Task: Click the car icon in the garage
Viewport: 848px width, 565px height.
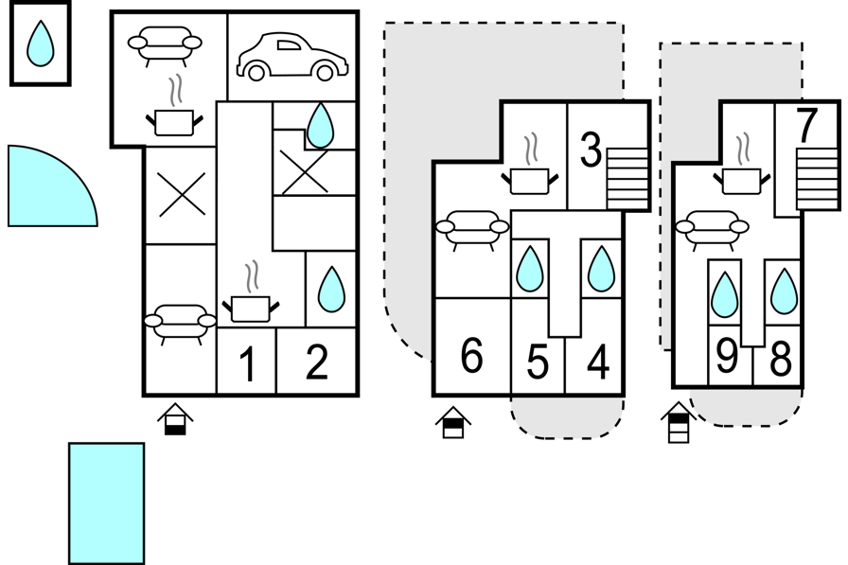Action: (292, 57)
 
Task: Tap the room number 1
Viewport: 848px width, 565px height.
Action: (247, 364)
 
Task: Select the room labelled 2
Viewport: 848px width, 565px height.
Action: (317, 362)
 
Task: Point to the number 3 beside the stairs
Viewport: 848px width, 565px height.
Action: (591, 150)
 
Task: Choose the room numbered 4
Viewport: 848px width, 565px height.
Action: (598, 362)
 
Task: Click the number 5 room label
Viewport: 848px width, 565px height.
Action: (538, 362)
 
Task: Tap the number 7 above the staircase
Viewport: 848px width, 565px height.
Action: (806, 126)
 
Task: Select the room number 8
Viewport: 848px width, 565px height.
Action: (781, 359)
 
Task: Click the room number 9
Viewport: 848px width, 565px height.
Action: (727, 356)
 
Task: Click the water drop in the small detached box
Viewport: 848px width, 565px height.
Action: (41, 44)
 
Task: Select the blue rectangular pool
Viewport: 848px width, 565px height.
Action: (107, 503)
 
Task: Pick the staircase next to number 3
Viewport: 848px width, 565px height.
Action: (627, 179)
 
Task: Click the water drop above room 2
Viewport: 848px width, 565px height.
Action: (331, 290)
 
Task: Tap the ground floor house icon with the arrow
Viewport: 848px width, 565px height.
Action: (175, 419)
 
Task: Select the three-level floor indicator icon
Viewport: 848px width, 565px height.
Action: (679, 422)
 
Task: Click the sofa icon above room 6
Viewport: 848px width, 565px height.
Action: (472, 229)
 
